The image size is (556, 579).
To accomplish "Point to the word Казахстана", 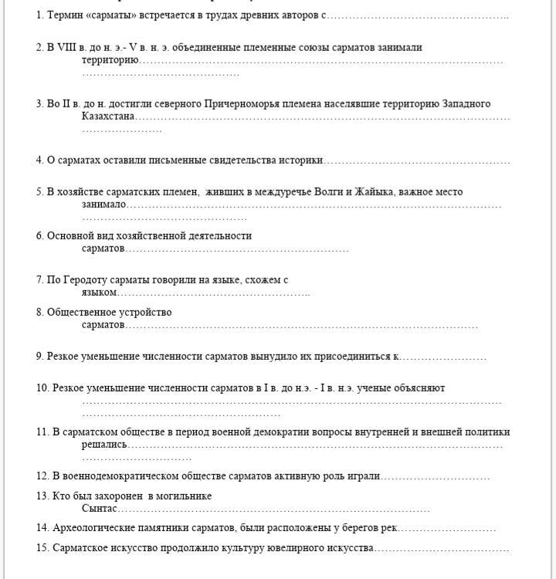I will coord(107,117).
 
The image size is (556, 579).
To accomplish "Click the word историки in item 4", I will coord(303,161).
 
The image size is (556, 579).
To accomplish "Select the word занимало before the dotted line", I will coord(103,205).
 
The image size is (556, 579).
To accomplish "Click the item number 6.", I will coord(39,235).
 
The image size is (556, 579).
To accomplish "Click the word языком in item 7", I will coord(99,293).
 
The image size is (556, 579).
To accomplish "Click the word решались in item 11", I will coord(104,445).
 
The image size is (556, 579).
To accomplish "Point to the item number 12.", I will coord(42,476).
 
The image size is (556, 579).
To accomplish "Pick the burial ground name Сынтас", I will coord(99,509).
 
